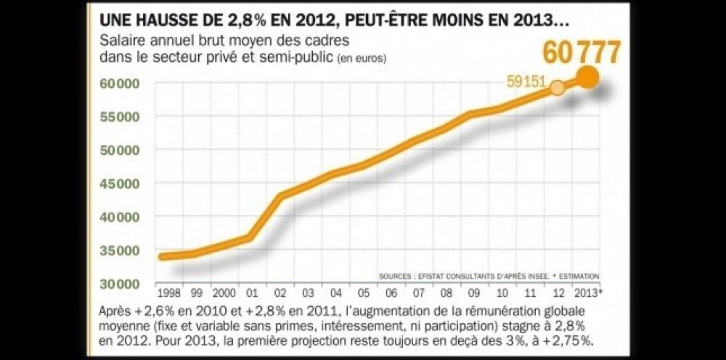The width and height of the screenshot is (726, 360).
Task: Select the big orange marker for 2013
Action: pyautogui.click(x=588, y=77)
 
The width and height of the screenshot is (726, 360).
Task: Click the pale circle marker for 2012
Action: pyautogui.click(x=557, y=88)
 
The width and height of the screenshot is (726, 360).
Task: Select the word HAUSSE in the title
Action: pyautogui.click(x=163, y=14)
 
